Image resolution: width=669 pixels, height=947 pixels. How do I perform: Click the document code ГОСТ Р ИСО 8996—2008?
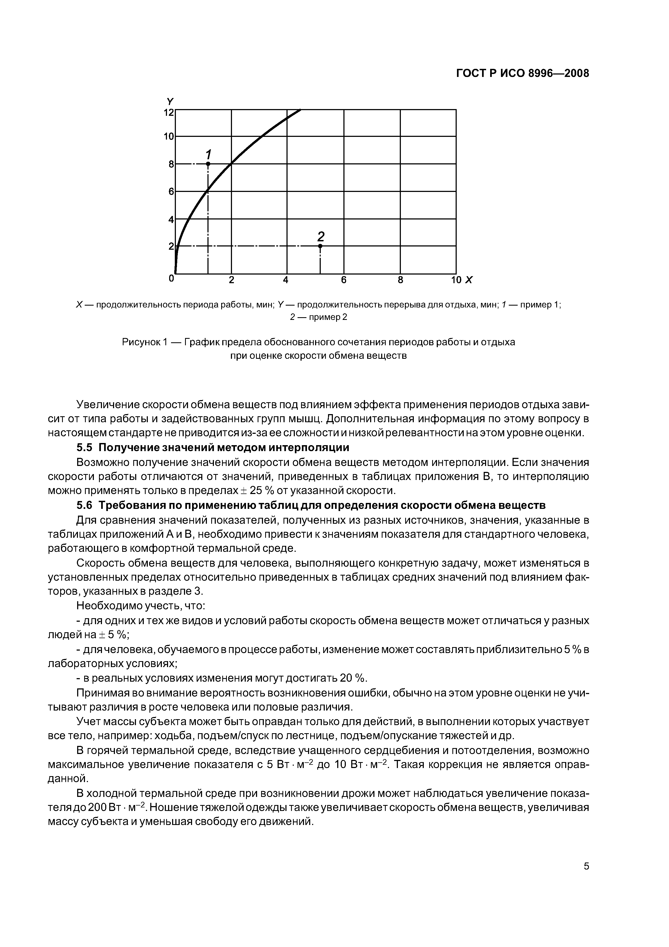coord(523,73)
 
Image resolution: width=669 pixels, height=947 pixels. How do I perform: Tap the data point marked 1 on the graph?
coord(208,164)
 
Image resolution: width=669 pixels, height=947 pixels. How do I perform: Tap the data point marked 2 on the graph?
coord(320,246)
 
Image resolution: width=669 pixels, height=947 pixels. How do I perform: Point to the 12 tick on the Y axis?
coord(169,112)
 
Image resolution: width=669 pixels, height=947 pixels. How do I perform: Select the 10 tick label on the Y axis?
coord(169,137)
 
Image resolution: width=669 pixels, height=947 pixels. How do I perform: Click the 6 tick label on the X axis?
coord(343,280)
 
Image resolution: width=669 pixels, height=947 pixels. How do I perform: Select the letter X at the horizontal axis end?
coord(469,280)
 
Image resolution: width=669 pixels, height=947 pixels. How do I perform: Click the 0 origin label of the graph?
coord(171,279)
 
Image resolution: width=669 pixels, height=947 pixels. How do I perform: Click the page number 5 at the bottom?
coord(586,889)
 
